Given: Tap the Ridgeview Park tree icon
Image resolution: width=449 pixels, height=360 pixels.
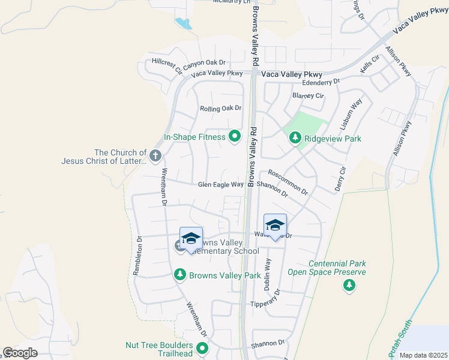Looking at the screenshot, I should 295,138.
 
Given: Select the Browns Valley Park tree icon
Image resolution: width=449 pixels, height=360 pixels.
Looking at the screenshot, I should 179,275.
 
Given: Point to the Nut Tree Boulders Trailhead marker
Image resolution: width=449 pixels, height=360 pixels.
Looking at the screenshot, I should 203,348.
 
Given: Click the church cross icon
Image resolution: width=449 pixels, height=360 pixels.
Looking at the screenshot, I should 155,156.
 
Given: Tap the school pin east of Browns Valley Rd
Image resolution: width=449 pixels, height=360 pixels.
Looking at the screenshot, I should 275,226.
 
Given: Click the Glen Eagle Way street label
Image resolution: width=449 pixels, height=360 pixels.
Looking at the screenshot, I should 221,185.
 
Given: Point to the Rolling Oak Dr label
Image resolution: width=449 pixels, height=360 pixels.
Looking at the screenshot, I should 220,109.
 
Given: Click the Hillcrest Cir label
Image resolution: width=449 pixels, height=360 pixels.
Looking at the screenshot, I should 167,65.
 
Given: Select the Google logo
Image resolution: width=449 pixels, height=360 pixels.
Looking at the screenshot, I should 20,353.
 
